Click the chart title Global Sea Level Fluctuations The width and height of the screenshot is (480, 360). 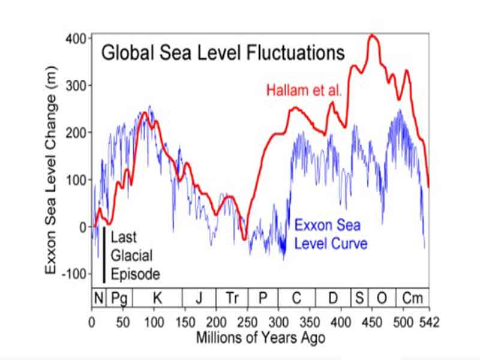tap(223, 53)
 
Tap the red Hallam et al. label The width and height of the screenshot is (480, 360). tap(304, 92)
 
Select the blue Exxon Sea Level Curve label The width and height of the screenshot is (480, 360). tap(331, 235)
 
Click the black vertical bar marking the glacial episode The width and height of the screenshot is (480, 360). tap(104, 254)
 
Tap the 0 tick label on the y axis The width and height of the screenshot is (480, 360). tap(82, 227)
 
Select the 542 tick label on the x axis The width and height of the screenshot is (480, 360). tap(429, 322)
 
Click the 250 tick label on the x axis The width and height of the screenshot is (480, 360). tap(248, 322)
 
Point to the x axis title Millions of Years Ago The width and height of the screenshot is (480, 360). tap(260, 338)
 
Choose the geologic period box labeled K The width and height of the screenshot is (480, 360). tap(158, 297)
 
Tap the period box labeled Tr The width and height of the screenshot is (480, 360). tap(232, 297)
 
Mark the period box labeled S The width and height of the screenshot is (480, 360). tap(359, 297)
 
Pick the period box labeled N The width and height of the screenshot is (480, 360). tap(98, 297)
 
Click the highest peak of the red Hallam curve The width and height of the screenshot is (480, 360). tap(373, 35)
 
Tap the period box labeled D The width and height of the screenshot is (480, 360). tap(333, 297)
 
